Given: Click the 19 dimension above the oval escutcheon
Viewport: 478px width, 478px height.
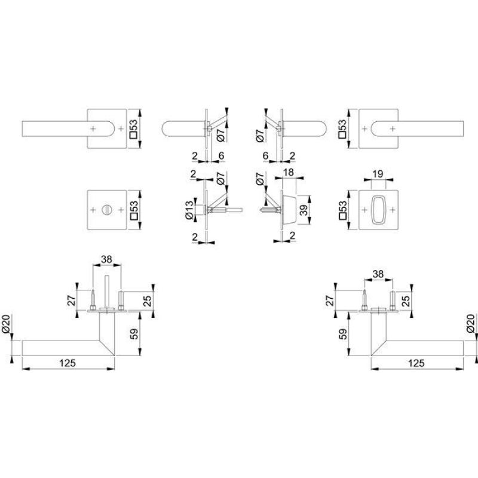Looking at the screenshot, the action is pos(378,174).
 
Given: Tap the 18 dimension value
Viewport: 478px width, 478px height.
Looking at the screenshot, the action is pos(289,172).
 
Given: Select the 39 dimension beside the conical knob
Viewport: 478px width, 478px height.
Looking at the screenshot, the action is pos(304,210).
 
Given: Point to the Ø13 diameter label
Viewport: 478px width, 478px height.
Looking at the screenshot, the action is pos(189,210).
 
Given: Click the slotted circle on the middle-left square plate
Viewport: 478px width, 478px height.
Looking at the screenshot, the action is pos(107,210).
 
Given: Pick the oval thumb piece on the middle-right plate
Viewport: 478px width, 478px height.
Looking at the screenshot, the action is pos(378,210).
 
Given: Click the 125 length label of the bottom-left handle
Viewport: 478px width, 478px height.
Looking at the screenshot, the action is pos(68,363).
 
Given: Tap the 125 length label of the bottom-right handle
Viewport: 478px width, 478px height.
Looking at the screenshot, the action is pos(416,363).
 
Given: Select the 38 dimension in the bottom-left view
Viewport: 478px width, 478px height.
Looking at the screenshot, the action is pos(107,259).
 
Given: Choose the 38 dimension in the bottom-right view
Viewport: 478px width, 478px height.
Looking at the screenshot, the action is pos(378,274).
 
